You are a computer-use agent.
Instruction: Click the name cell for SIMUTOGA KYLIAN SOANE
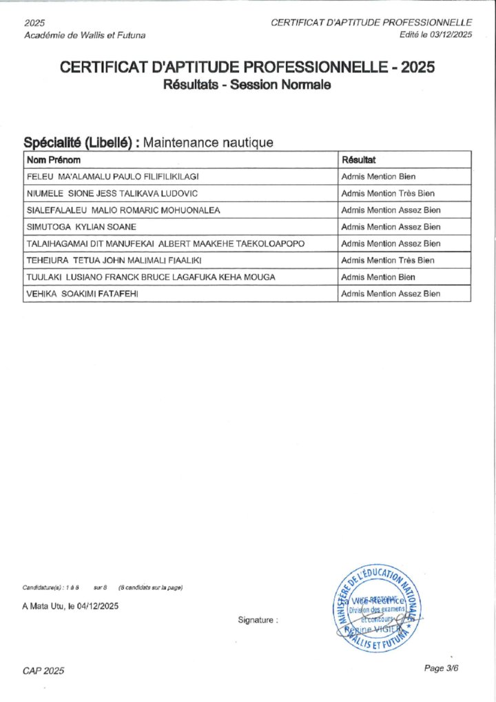(81, 227)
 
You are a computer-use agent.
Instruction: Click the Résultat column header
(358, 160)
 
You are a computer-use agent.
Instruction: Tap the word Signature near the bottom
(258, 620)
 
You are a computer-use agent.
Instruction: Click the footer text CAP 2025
(43, 671)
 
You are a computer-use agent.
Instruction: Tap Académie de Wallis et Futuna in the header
(84, 34)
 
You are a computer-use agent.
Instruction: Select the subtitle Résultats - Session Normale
(247, 86)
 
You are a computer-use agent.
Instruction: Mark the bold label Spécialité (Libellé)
(81, 143)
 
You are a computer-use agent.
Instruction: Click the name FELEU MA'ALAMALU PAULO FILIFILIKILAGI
(112, 177)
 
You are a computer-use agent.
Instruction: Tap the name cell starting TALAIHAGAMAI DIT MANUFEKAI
(165, 243)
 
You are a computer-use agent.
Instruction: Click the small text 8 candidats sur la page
(150, 588)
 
